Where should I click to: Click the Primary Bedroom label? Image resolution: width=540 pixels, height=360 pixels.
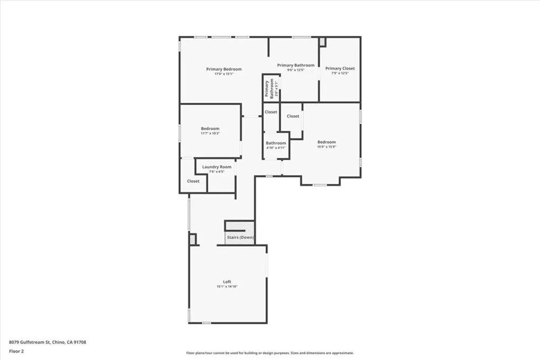[224, 69]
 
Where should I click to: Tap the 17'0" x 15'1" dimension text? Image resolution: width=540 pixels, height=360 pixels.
[224, 74]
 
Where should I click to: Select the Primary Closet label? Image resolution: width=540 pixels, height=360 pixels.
[340, 68]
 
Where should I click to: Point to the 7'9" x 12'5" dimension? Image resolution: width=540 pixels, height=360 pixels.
[340, 73]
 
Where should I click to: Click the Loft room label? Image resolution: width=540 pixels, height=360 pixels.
[227, 281]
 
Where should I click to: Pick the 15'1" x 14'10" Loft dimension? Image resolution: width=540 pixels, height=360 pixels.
[227, 287]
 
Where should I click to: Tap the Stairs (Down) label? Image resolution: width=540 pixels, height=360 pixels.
[240, 238]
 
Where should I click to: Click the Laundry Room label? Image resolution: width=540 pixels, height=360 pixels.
[217, 167]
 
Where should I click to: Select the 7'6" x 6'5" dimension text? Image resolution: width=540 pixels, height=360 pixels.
[217, 171]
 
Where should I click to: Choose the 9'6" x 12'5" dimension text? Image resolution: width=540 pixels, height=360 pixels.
[295, 70]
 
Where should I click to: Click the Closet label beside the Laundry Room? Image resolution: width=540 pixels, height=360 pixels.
[193, 181]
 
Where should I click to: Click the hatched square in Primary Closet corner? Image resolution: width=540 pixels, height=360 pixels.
[322, 41]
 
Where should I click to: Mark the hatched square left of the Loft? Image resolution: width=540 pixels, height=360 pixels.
[192, 239]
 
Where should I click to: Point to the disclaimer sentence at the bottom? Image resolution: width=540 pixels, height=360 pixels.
[269, 353]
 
